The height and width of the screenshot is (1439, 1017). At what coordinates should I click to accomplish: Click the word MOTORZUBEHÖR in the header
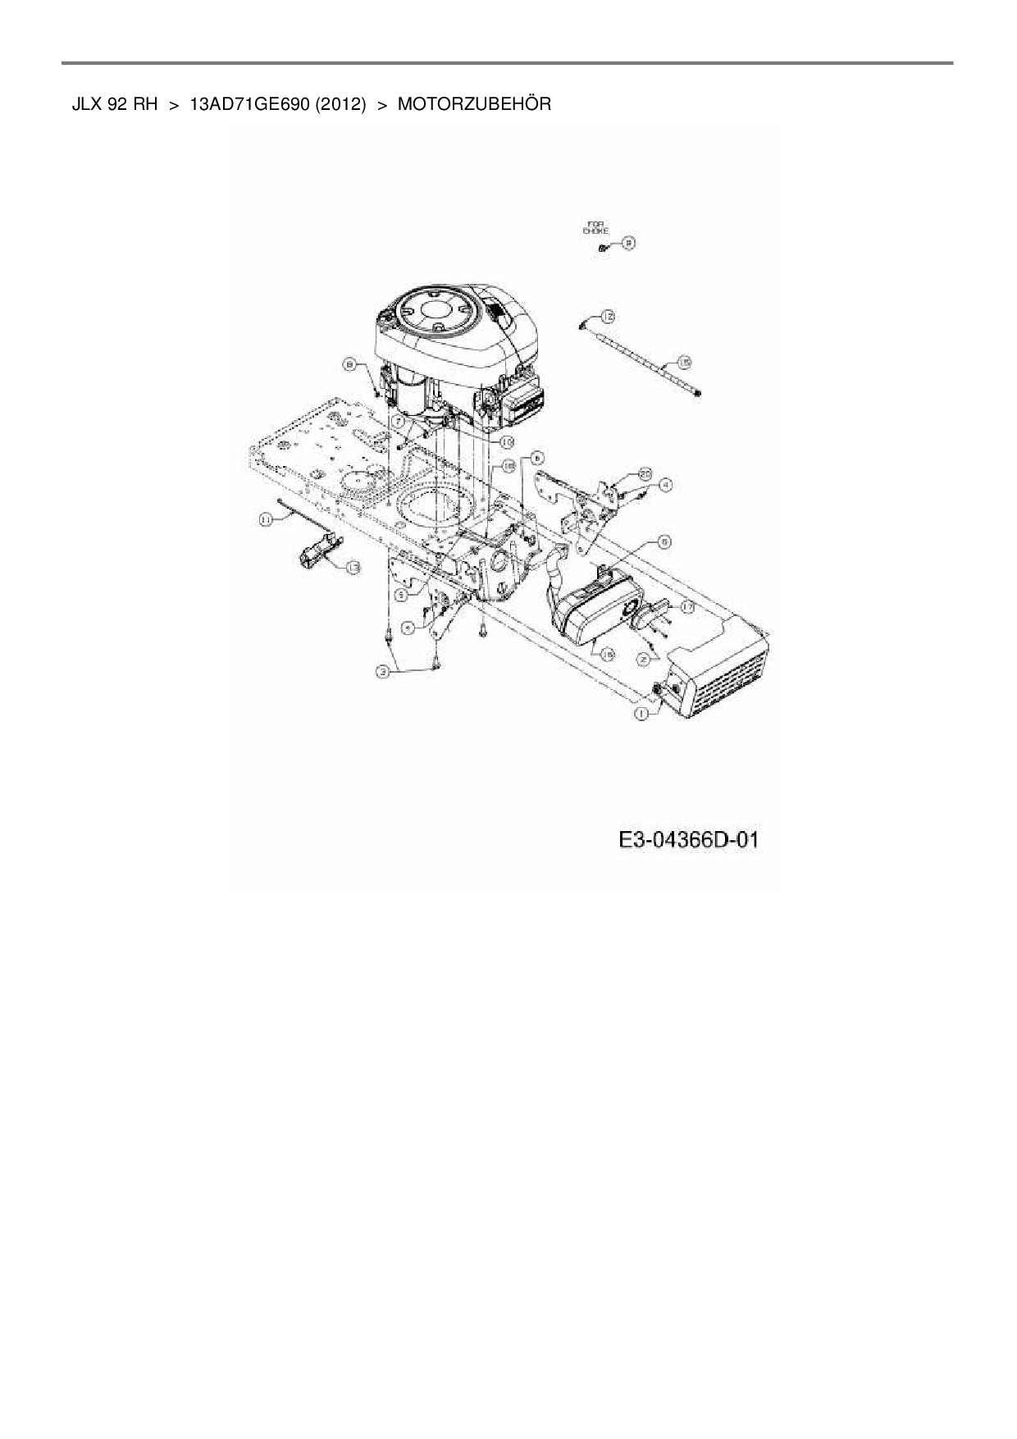pyautogui.click(x=474, y=104)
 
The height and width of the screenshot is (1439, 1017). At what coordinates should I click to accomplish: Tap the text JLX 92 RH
pyautogui.click(x=115, y=104)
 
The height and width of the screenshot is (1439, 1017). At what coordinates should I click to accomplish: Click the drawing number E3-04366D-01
pyautogui.click(x=689, y=840)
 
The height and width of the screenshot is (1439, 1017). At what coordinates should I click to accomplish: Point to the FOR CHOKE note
pyautogui.click(x=595, y=227)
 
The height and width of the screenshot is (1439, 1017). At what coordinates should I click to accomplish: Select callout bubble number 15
pyautogui.click(x=684, y=361)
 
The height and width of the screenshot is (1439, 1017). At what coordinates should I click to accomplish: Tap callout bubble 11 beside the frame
pyautogui.click(x=266, y=518)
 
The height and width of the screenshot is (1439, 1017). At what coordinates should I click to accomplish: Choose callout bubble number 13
pyautogui.click(x=352, y=567)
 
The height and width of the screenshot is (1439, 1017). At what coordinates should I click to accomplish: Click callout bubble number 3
pyautogui.click(x=383, y=672)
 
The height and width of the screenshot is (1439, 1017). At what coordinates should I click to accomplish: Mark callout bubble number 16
pyautogui.click(x=607, y=654)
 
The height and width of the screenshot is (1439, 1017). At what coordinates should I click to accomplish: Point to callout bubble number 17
pyautogui.click(x=686, y=607)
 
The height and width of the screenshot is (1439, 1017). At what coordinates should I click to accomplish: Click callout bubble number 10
pyautogui.click(x=507, y=441)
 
